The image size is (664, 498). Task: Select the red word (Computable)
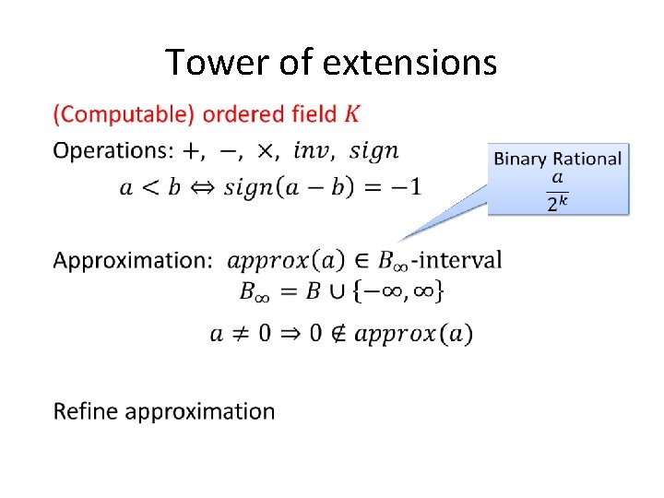pyautogui.click(x=125, y=115)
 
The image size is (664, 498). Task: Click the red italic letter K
pyautogui.click(x=353, y=114)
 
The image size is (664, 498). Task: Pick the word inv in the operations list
pyautogui.click(x=311, y=150)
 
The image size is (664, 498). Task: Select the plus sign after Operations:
pyautogui.click(x=196, y=150)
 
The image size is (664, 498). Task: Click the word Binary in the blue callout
pyautogui.click(x=520, y=159)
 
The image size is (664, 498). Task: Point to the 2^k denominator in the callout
pyautogui.click(x=557, y=203)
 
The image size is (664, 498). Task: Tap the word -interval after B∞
pyautogui.click(x=457, y=259)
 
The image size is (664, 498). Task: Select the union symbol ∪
pyautogui.click(x=338, y=292)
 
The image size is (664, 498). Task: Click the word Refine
pyautogui.click(x=86, y=410)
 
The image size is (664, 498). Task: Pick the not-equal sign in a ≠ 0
pyautogui.click(x=239, y=334)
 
